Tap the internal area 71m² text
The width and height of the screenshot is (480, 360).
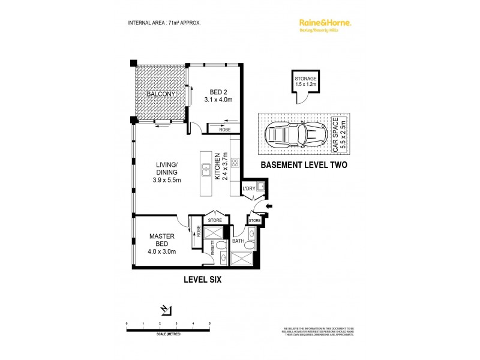coord(164,23)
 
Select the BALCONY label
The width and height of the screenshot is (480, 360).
coord(161,94)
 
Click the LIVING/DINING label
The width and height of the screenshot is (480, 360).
coord(167,173)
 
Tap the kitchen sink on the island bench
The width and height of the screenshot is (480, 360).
coord(205,167)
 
